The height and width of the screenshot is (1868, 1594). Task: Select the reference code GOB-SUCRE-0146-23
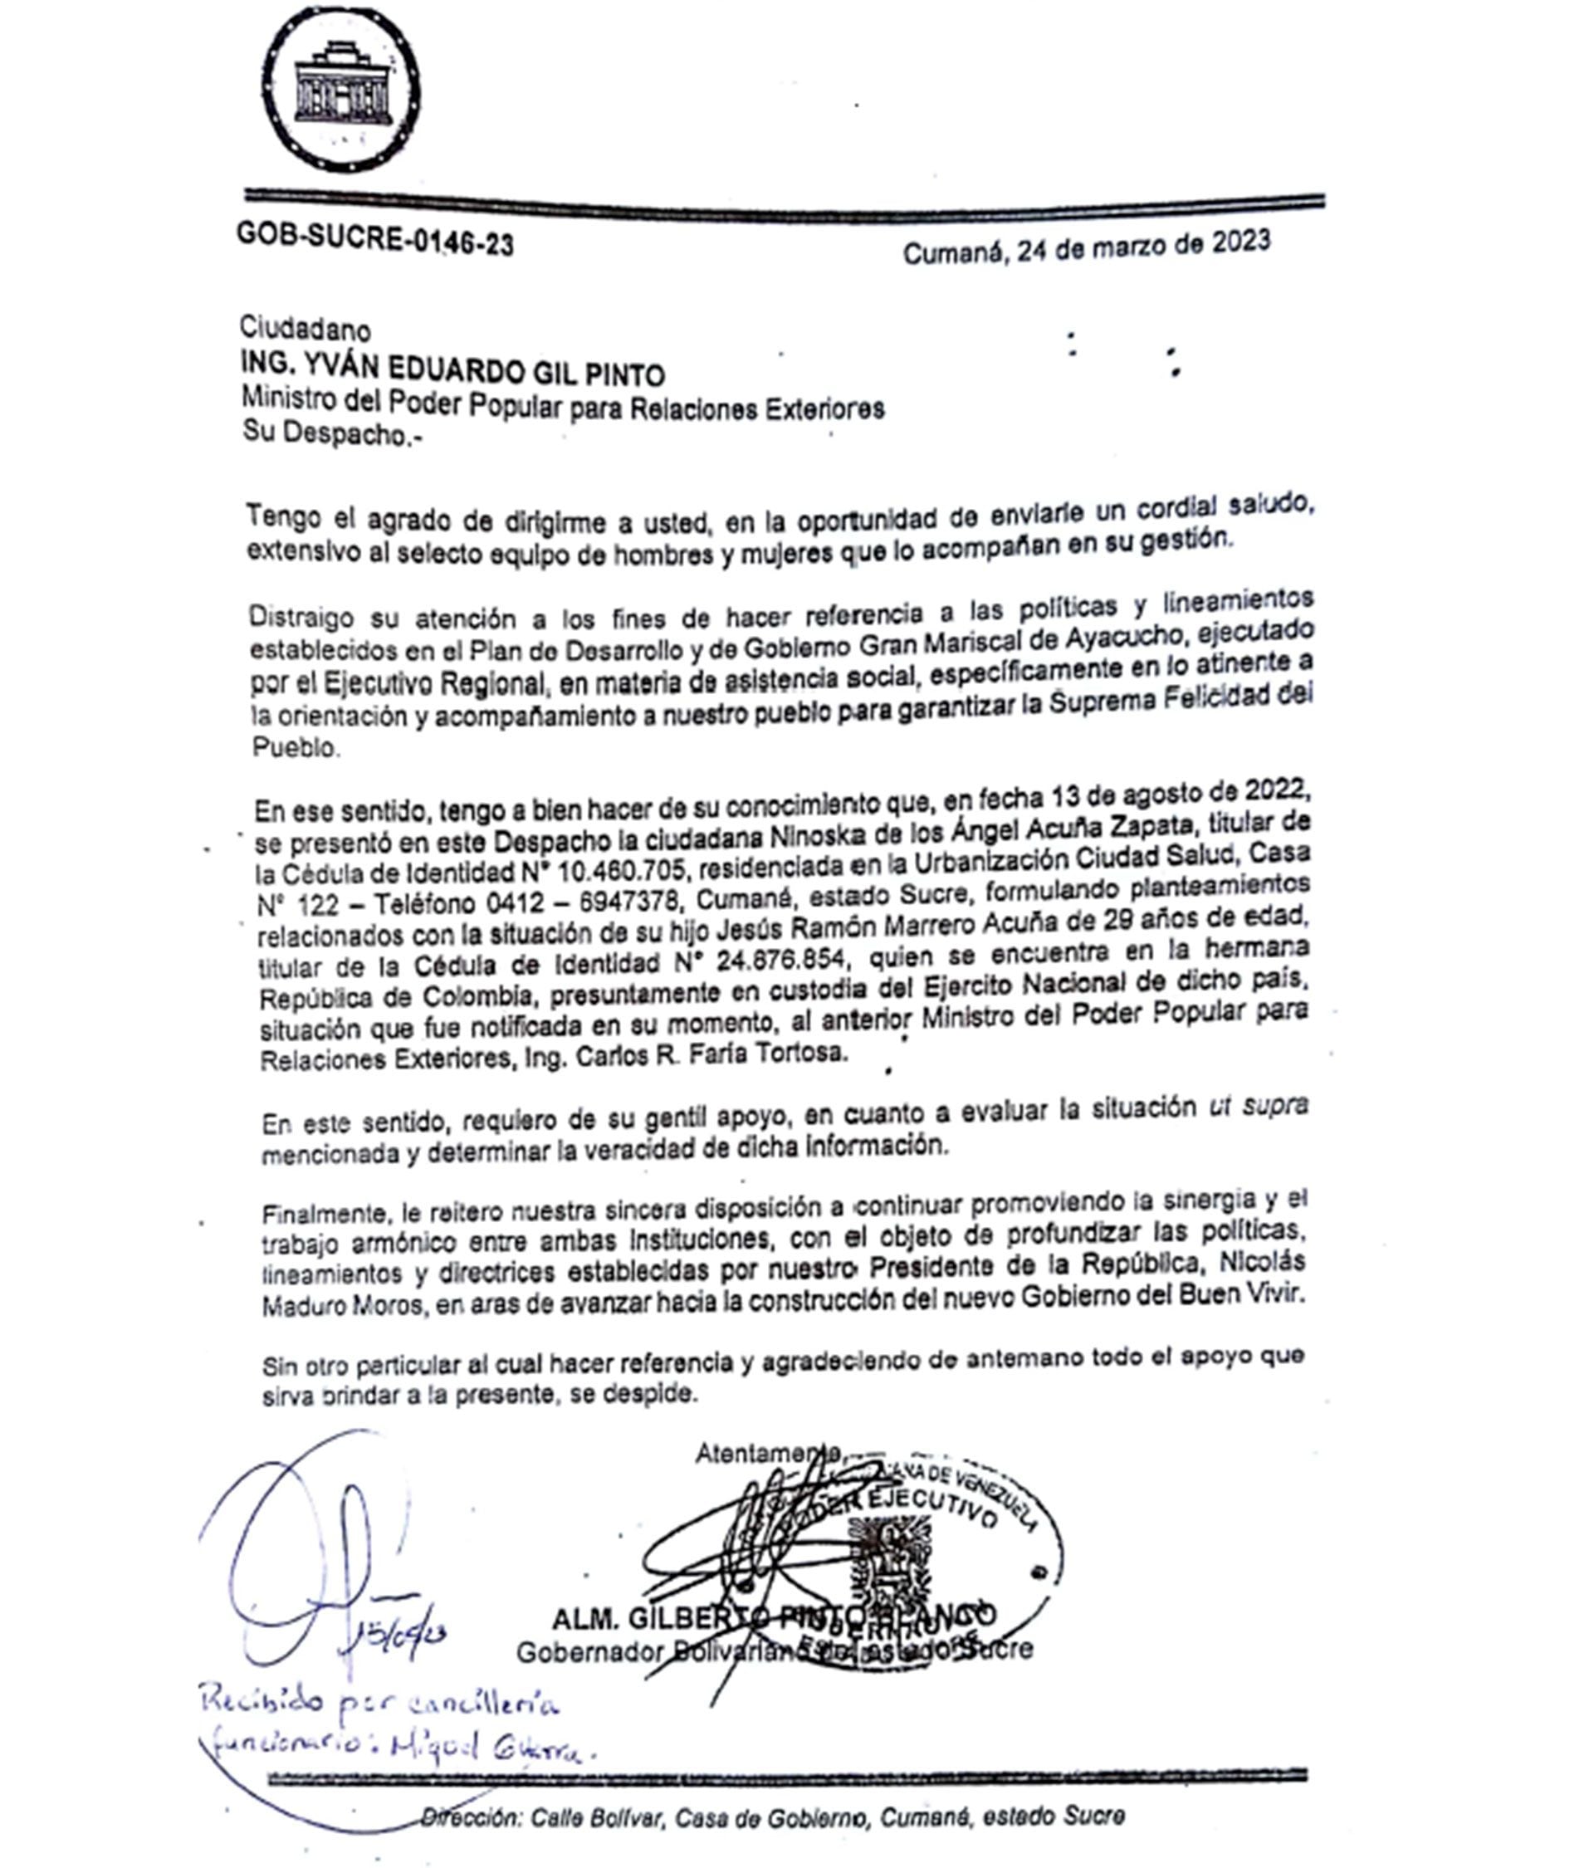coord(375,239)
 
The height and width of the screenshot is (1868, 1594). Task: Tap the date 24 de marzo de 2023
coord(1143,246)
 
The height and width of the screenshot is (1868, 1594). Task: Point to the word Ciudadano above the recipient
coord(305,329)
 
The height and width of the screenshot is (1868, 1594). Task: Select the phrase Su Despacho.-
coord(331,433)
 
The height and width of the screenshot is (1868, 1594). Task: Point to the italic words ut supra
coord(1258,1105)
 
